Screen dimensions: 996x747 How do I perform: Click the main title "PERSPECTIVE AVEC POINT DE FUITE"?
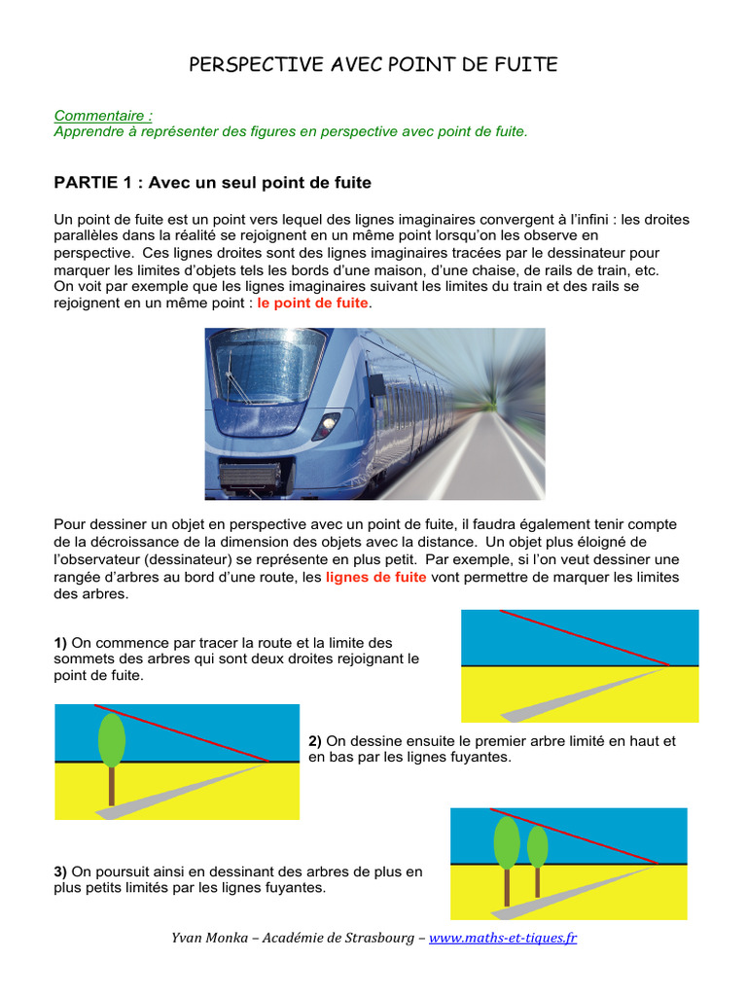[373, 65]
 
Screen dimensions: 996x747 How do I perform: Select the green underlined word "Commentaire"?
[102, 115]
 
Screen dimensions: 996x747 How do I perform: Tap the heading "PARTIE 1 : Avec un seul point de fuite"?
[212, 183]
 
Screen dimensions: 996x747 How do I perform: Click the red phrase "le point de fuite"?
[312, 303]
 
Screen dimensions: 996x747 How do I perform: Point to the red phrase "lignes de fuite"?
[375, 577]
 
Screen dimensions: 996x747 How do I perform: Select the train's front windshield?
[268, 365]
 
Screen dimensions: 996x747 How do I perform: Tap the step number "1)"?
[61, 643]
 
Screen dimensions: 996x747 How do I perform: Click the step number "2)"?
[315, 741]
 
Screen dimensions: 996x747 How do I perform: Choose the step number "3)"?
[61, 872]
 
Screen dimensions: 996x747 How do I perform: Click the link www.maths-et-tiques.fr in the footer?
[503, 939]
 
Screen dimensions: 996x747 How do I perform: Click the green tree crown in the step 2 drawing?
[112, 738]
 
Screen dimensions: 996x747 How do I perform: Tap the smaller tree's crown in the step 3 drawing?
[537, 846]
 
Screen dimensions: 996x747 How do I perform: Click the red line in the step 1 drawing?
[584, 637]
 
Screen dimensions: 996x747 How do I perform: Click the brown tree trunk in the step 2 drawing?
[112, 785]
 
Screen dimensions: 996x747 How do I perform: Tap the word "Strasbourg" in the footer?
[380, 939]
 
